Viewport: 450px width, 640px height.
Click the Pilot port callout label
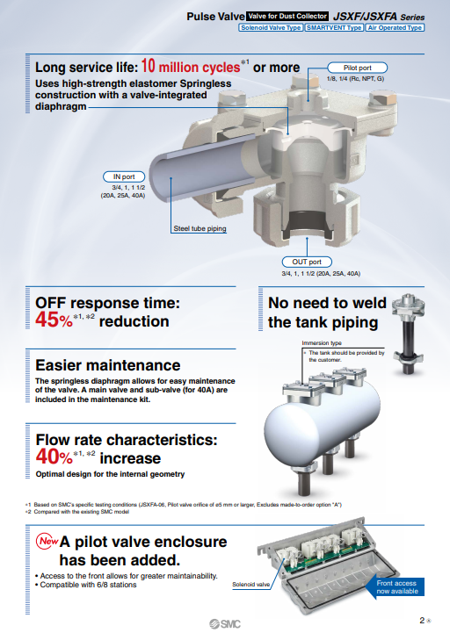click(x=357, y=68)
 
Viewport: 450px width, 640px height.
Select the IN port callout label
click(x=124, y=176)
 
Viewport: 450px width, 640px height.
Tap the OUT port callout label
click(x=307, y=262)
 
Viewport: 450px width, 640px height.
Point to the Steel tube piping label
click(x=200, y=228)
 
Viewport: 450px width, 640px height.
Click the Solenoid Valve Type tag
click(x=271, y=28)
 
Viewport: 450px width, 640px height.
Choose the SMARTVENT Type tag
click(x=334, y=28)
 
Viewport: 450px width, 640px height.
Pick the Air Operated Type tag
click(x=395, y=28)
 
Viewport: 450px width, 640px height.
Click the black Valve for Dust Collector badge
click(x=287, y=17)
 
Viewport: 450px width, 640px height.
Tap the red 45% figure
click(x=54, y=320)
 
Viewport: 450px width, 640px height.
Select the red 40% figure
click(x=54, y=457)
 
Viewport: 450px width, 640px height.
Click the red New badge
click(x=47, y=541)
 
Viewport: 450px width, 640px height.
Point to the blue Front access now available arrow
click(x=396, y=587)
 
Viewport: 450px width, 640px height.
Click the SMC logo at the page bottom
click(x=225, y=624)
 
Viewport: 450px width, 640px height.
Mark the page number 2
click(x=422, y=621)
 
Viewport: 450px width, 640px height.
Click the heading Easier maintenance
click(x=108, y=365)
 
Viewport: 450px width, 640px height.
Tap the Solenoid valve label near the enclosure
click(x=251, y=585)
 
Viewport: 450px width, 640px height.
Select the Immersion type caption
click(x=322, y=343)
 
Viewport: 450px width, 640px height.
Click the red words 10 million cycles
click(x=191, y=66)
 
